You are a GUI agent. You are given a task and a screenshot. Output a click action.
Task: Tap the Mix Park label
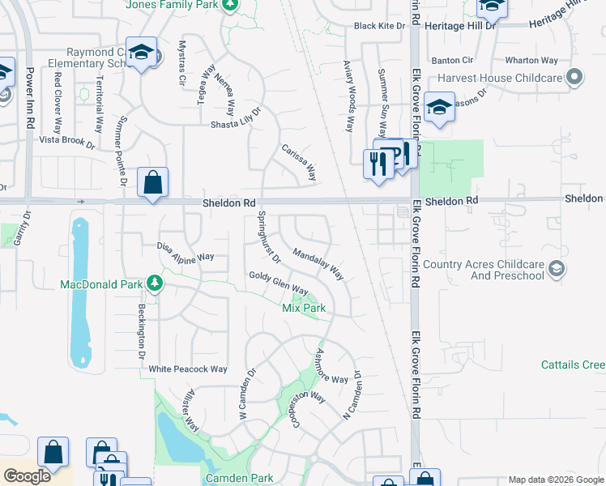point(304,309)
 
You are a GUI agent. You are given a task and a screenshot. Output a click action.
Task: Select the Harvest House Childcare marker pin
point(575,79)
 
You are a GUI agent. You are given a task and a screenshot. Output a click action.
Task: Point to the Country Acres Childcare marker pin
point(556,269)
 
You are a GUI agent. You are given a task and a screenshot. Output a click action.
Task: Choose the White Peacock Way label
point(188,369)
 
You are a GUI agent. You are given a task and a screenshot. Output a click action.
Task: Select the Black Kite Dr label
point(378,26)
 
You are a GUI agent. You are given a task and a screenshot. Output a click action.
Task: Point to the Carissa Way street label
point(298,162)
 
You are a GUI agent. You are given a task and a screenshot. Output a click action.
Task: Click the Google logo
point(28,475)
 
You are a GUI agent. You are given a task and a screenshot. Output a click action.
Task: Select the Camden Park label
point(240,479)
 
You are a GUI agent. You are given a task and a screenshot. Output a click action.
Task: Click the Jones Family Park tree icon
point(230,5)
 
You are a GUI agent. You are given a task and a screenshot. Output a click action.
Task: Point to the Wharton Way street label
point(531,61)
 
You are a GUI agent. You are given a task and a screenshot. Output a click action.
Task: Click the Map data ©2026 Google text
point(555,480)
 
